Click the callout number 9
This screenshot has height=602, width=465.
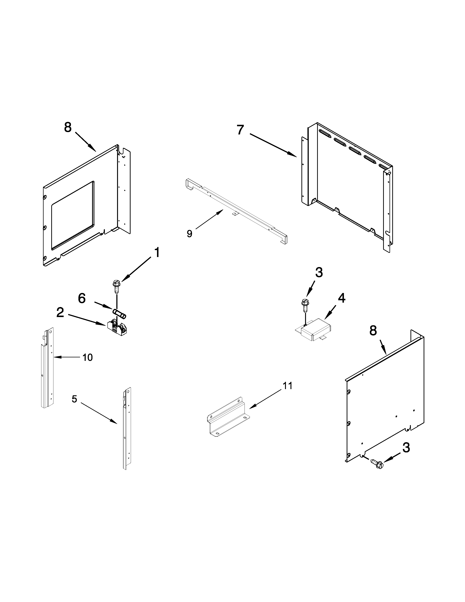[x=189, y=234]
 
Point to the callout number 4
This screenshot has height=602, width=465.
[x=341, y=298]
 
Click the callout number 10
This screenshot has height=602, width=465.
[x=88, y=358]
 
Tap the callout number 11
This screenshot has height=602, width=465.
[x=288, y=386]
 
